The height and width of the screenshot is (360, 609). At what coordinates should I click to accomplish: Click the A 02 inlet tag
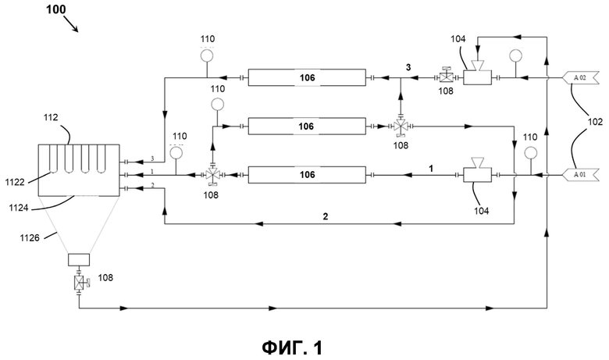579,77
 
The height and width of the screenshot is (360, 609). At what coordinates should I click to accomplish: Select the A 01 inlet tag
579,175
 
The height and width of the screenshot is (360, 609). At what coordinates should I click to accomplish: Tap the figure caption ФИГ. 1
292,348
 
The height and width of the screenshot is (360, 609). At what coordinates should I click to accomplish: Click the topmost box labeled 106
307,77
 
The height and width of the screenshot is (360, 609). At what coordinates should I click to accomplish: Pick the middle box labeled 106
307,127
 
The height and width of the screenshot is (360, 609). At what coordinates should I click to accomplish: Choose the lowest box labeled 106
307,175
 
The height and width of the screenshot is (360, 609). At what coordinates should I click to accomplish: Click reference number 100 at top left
56,9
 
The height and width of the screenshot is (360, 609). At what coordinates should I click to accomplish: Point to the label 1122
15,182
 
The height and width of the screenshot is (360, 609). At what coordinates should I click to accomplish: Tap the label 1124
19,209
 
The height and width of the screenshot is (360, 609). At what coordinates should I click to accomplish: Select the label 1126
30,237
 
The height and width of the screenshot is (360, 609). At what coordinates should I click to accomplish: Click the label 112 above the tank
51,117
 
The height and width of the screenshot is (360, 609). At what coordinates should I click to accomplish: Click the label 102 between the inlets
595,122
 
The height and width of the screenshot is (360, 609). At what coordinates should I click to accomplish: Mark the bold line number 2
326,216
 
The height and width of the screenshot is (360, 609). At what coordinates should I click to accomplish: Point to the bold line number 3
408,68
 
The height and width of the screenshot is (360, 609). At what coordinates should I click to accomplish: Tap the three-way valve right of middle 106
401,127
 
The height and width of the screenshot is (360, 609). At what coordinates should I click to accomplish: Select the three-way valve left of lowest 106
212,176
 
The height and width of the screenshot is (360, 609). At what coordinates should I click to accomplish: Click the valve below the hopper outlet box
80,283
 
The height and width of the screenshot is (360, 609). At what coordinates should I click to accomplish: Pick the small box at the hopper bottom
79,259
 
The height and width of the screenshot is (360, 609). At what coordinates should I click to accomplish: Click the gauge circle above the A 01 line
531,152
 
